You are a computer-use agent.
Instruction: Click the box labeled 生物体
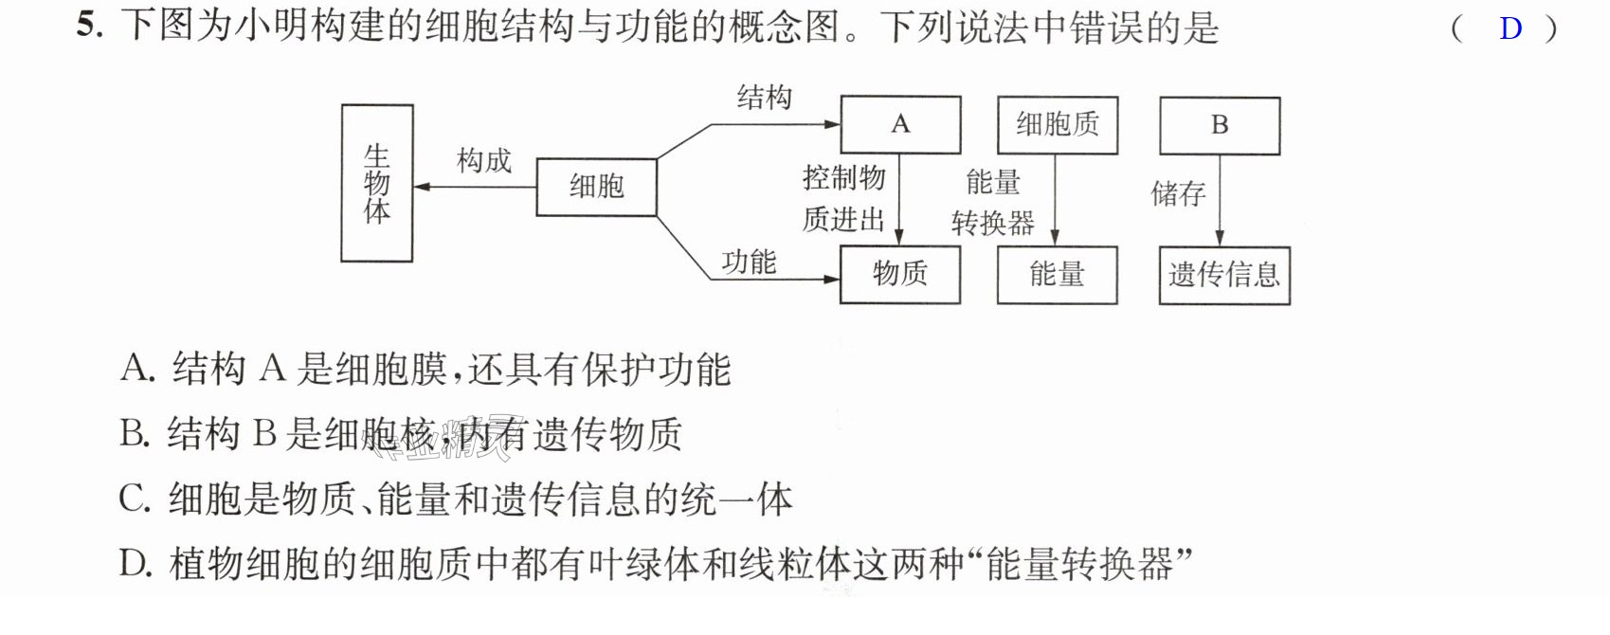(376, 183)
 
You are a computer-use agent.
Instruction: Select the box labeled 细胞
(597, 187)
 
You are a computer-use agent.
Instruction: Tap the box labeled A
(900, 125)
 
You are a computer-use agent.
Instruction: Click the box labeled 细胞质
(1058, 125)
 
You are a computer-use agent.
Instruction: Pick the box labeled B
(1220, 126)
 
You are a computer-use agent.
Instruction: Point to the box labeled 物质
(900, 275)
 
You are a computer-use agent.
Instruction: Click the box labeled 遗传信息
(1224, 276)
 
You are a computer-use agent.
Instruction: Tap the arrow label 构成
(484, 160)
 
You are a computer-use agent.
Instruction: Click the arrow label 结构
(764, 97)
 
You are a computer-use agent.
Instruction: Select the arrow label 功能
(749, 262)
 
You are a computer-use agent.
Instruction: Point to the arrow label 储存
(1178, 193)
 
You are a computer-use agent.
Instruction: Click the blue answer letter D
(1511, 28)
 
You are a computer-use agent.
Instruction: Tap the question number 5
(89, 26)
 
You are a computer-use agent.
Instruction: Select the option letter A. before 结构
(137, 368)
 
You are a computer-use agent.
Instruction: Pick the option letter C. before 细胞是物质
(136, 499)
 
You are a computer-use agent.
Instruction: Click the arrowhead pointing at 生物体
(422, 187)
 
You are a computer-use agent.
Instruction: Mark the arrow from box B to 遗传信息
(1220, 201)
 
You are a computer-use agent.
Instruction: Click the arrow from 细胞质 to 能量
(1055, 200)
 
